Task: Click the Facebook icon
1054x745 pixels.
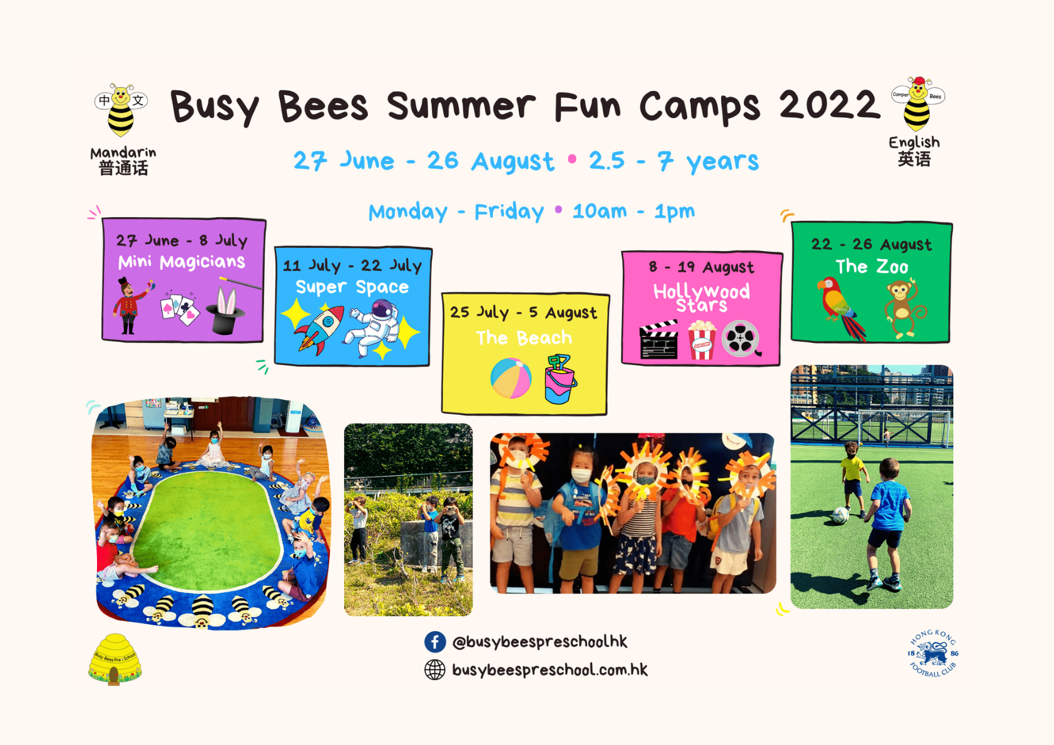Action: point(435,642)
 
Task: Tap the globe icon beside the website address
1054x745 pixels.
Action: point(435,669)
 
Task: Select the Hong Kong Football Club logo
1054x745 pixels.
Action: point(933,653)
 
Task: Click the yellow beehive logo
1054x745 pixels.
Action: point(115,659)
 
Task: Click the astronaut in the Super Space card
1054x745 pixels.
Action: point(374,326)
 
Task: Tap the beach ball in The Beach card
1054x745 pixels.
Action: point(511,378)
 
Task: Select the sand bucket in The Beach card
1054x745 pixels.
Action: point(560,379)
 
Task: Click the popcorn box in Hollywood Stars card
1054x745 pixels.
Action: point(702,340)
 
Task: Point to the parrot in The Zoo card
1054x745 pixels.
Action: point(841,308)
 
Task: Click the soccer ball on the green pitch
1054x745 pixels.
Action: point(841,515)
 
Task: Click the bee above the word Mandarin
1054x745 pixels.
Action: point(121,109)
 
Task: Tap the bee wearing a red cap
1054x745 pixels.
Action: point(918,103)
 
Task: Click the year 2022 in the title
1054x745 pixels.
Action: point(829,105)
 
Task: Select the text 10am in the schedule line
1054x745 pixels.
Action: point(600,211)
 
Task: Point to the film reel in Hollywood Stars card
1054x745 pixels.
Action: point(741,338)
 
